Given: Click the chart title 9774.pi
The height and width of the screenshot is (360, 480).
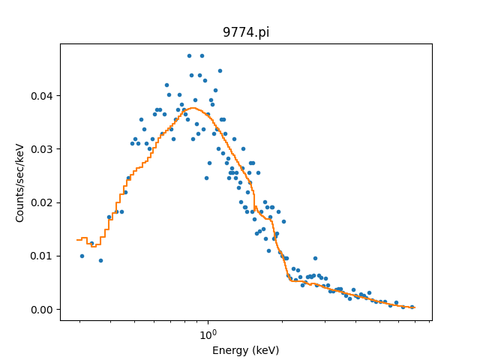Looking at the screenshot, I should pos(246,32).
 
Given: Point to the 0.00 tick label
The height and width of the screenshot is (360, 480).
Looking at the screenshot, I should pos(43,310).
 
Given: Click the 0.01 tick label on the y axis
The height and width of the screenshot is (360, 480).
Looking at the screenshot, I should pos(43,256).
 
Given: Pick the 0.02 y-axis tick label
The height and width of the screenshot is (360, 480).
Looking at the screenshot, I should pos(43,203).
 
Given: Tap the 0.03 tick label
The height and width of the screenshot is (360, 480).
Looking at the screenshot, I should pos(43,149).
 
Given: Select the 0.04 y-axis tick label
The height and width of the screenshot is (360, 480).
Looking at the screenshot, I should pos(43,96).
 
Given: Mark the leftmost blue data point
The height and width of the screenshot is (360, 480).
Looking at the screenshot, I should pos(82,256).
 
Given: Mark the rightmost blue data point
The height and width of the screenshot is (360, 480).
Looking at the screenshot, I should pos(412,306).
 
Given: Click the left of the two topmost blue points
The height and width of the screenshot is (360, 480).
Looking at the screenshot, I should pos(189,55).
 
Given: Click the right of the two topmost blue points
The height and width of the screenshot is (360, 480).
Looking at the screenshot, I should pos(202,55).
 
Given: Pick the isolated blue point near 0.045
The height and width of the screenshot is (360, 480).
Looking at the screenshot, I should pos(220,70).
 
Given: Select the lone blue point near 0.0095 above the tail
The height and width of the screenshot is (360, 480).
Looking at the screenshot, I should pos(315,258).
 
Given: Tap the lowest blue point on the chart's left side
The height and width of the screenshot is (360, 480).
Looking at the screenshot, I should pos(100,260).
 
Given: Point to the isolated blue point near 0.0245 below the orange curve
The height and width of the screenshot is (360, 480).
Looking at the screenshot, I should pos(206,178).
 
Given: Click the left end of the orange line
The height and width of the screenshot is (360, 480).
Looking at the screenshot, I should pos(77,240).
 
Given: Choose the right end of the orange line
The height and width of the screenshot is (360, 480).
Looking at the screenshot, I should pos(415,307).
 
